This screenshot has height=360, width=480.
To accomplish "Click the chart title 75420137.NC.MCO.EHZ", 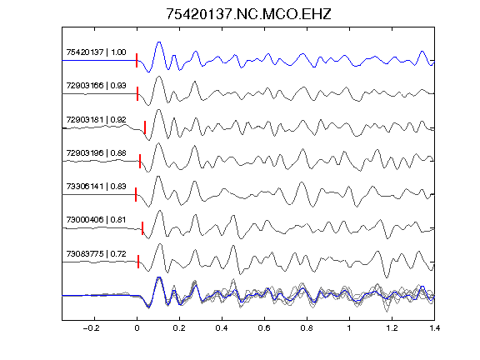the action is click(x=248, y=14).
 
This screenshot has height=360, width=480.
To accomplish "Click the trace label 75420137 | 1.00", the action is click(x=96, y=52).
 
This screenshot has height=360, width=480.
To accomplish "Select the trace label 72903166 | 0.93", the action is click(x=96, y=85).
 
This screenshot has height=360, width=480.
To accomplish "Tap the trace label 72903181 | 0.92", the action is click(x=96, y=119).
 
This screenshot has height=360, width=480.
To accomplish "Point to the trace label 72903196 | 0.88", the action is click(x=96, y=152).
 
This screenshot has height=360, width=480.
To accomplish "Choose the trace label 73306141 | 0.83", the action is click(x=96, y=186).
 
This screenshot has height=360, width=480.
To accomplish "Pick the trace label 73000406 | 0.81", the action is click(x=96, y=220).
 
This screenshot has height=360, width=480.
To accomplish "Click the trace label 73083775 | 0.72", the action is click(x=96, y=254).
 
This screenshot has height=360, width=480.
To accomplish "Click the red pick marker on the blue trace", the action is click(x=137, y=60).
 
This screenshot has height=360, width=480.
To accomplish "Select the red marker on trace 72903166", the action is click(x=137, y=93).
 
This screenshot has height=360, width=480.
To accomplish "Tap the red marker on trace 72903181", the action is click(x=145, y=127).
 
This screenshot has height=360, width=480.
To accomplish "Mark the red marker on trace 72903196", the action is click(x=140, y=161).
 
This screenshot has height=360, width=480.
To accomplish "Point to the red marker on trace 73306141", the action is click(x=136, y=194).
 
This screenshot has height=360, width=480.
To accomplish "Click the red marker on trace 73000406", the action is click(x=142, y=228).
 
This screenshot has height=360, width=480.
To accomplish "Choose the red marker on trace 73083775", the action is click(x=138, y=262).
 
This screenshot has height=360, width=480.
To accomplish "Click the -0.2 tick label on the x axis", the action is click(x=91, y=328).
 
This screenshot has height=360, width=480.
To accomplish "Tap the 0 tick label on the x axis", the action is click(x=137, y=328).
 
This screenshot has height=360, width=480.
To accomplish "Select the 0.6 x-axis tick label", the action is click(x=264, y=328).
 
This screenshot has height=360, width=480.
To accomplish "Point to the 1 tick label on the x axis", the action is click(x=349, y=328).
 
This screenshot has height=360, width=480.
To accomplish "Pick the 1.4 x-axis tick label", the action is click(x=434, y=328).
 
